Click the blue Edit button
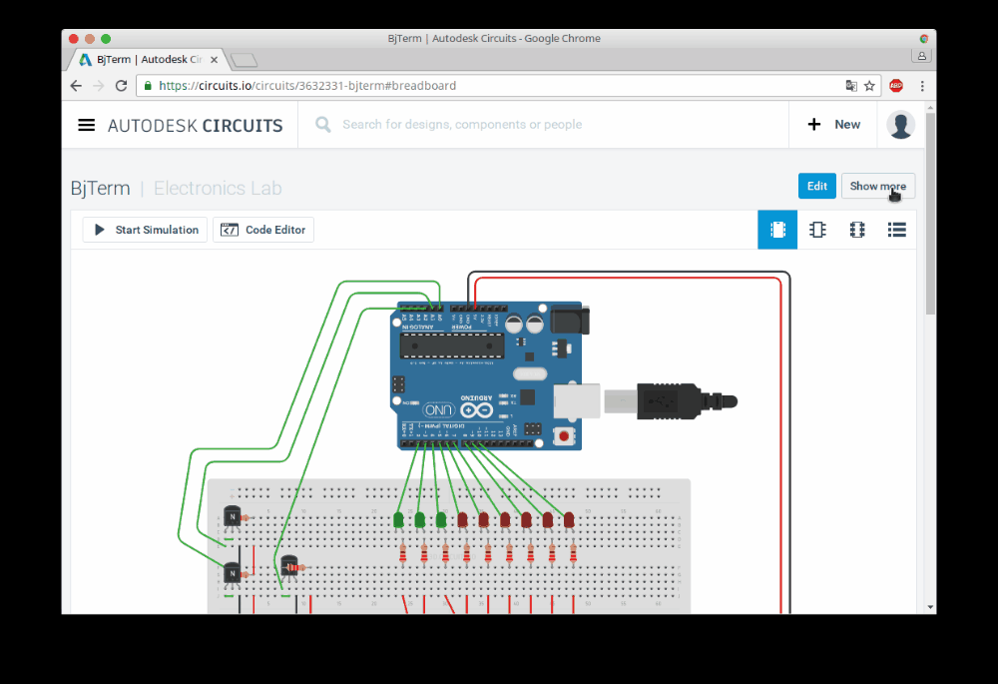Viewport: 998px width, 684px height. coord(816,186)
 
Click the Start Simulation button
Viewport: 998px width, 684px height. coord(146,230)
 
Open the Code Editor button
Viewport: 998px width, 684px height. coord(263,230)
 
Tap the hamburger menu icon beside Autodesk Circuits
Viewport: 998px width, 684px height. coord(87,125)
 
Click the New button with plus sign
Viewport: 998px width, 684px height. coord(833,125)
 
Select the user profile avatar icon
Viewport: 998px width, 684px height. coord(900,125)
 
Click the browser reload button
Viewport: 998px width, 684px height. coord(122,86)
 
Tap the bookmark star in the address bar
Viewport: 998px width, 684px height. coord(869,86)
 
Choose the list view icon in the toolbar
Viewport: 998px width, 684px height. coord(896,230)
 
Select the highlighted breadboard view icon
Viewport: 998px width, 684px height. coord(777,230)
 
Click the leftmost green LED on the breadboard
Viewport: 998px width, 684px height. coord(398,520)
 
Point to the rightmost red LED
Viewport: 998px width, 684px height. coord(569,520)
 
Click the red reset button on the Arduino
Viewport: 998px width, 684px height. coord(566,435)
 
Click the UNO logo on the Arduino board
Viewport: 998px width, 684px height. coord(439,410)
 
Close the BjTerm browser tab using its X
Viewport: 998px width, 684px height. coord(214,59)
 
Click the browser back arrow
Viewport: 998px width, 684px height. coord(76,86)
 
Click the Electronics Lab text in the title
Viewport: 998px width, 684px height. coord(218,188)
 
